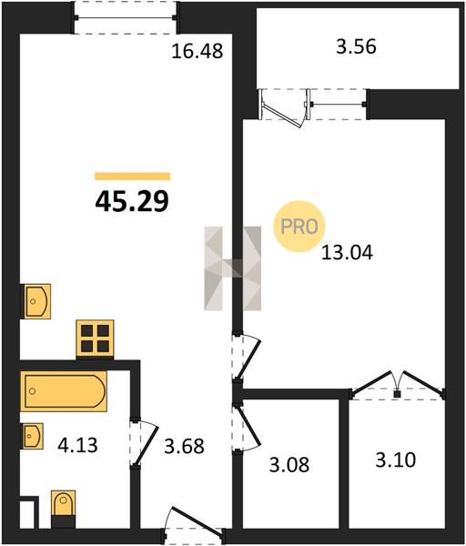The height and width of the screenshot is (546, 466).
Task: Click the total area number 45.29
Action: tap(132, 202)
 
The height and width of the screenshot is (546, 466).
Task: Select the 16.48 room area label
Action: tap(198, 51)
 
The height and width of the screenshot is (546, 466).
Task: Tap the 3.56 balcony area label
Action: tap(356, 46)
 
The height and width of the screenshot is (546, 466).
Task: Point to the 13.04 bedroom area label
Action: tap(347, 252)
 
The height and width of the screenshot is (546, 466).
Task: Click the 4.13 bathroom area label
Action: tap(77, 445)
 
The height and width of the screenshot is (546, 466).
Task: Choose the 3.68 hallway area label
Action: tap(184, 447)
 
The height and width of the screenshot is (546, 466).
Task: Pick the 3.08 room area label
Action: tap(289, 465)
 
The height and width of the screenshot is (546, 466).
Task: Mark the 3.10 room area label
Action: tap(396, 460)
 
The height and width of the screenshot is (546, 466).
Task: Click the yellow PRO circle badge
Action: tap(299, 227)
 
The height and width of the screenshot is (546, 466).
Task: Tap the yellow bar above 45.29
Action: tap(133, 177)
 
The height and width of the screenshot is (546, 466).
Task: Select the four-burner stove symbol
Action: tap(95, 338)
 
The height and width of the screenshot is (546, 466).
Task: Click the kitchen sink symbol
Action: tap(36, 301)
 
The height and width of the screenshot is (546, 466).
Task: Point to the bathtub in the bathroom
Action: tap(64, 391)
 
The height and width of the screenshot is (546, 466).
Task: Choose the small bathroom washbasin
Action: tap(33, 436)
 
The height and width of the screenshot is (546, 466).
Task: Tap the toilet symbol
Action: tap(64, 509)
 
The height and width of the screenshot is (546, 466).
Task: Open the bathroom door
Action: tap(144, 442)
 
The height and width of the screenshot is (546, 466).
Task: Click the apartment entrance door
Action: tap(193, 524)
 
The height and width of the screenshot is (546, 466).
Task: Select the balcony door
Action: tap(284, 108)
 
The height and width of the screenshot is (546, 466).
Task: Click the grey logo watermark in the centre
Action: tap(233, 268)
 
